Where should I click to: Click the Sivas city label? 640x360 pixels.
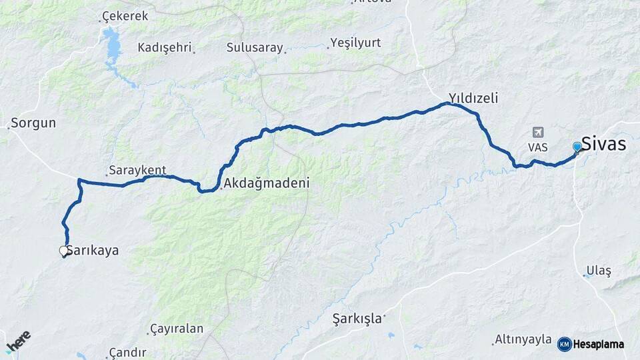pyautogui.click(x=603, y=143)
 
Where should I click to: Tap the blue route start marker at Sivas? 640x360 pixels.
pyautogui.click(x=577, y=147)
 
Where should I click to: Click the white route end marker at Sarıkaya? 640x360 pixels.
pyautogui.click(x=64, y=251)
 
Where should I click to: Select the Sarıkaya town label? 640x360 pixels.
pyautogui.click(x=94, y=251)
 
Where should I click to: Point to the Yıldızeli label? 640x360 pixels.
pyautogui.click(x=473, y=98)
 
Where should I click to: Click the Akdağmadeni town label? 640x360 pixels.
pyautogui.click(x=267, y=182)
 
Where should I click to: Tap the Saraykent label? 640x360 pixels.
pyautogui.click(x=137, y=170)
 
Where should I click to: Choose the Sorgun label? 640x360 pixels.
pyautogui.click(x=33, y=123)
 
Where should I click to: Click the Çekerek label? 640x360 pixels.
pyautogui.click(x=125, y=16)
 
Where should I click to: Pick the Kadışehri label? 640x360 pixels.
pyautogui.click(x=165, y=47)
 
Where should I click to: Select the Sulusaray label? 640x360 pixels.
pyautogui.click(x=255, y=47)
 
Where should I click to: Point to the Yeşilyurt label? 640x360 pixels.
pyautogui.click(x=356, y=43)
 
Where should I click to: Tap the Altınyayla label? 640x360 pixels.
pyautogui.click(x=523, y=339)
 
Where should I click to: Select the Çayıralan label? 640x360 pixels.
pyautogui.click(x=175, y=329)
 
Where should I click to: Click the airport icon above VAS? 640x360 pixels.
pyautogui.click(x=537, y=133)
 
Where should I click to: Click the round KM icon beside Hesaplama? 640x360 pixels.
pyautogui.click(x=564, y=344)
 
